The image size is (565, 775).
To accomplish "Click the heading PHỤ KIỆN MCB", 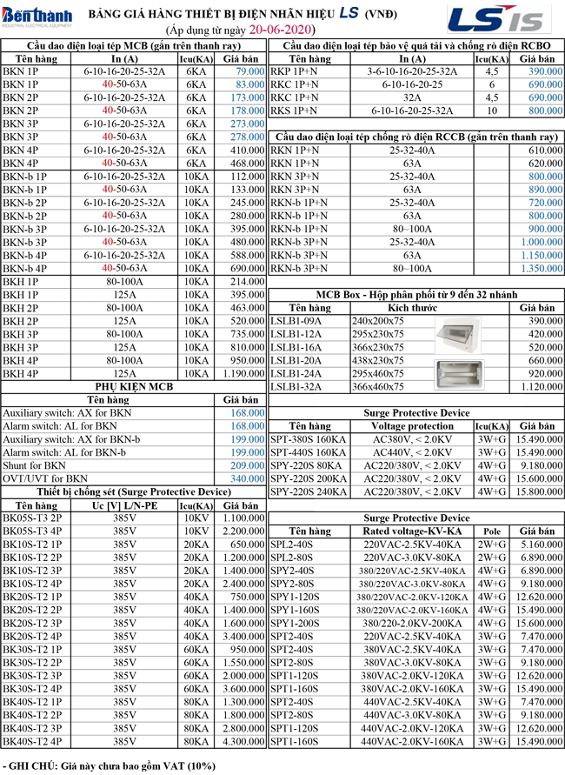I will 134,386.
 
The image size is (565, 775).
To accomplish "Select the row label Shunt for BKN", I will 35,465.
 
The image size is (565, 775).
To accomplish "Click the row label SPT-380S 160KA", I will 308,439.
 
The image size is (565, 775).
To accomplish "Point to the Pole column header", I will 492,531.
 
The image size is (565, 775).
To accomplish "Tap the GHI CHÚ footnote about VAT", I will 108,765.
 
